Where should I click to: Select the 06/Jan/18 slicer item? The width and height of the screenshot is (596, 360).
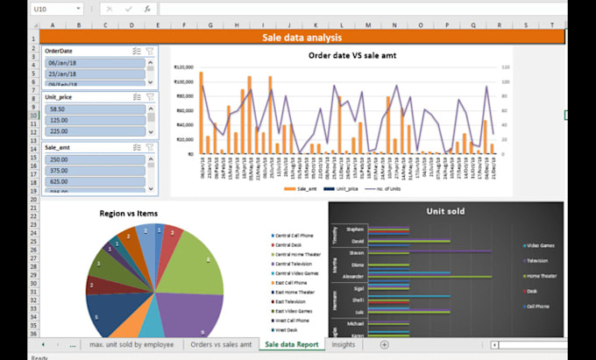(x=92, y=63)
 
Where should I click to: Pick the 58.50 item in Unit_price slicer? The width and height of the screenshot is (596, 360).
(x=92, y=110)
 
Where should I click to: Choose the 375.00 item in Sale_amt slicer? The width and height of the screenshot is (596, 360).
(x=92, y=171)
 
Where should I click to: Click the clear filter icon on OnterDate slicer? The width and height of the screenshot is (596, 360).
(x=150, y=52)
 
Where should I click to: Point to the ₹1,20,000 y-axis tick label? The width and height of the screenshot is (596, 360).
(x=184, y=67)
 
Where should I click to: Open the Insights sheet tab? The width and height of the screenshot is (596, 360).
(x=344, y=345)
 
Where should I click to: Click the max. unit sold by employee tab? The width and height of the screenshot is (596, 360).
(x=131, y=345)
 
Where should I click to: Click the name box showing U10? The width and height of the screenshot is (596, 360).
(x=39, y=8)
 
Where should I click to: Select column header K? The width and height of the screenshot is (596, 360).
(x=314, y=25)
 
